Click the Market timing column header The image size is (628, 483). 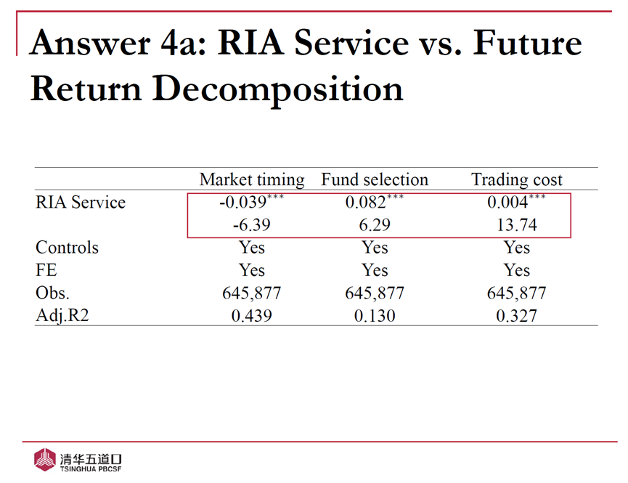252,179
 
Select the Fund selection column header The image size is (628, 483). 375,179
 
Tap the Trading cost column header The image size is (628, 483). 517,179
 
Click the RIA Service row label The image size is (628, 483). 81,203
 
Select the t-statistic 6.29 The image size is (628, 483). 375,225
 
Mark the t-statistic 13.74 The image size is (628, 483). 517,225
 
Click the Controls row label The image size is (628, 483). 67,248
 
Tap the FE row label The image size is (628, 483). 46,270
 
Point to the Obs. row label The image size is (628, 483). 54,293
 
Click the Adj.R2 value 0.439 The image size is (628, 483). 252,317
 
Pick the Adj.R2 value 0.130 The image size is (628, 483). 375,317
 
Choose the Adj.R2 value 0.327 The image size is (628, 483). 517,317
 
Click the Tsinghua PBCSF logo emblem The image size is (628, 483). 46,459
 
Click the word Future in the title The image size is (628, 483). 528,44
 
